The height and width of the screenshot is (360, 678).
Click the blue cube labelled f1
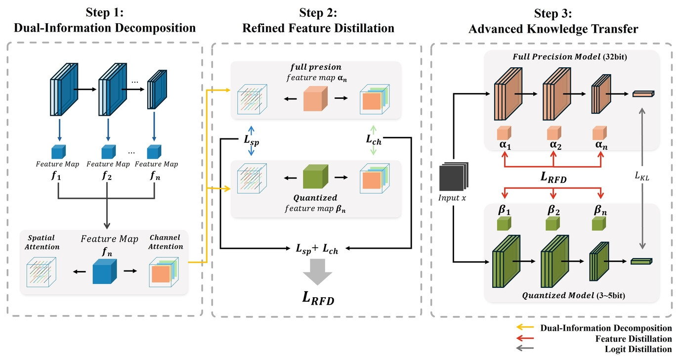tap(58, 152)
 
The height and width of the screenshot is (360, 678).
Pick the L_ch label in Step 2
tap(374, 140)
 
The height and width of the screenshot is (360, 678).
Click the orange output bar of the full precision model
tap(642, 93)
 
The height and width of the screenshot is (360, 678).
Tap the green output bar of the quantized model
tap(641, 261)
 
